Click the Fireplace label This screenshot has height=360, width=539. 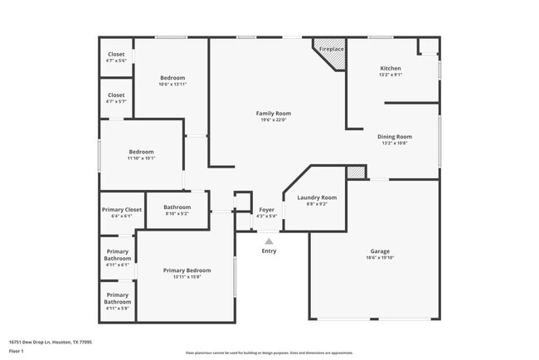[332, 50]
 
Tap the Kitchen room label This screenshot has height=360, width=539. [391, 68]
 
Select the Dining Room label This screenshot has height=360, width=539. [396, 136]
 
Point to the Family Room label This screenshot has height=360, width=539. [273, 114]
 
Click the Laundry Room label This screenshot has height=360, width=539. [317, 197]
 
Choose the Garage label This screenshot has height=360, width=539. [380, 251]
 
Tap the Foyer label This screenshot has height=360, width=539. [266, 210]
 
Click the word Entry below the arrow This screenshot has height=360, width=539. [269, 251]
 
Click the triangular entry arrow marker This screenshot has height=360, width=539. [269, 241]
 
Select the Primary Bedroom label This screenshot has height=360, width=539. [187, 270]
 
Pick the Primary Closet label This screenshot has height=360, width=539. [121, 210]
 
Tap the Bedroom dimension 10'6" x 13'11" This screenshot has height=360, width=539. [172, 85]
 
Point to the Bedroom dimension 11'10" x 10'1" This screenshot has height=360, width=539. [141, 158]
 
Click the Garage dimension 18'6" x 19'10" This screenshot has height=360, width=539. [380, 258]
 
